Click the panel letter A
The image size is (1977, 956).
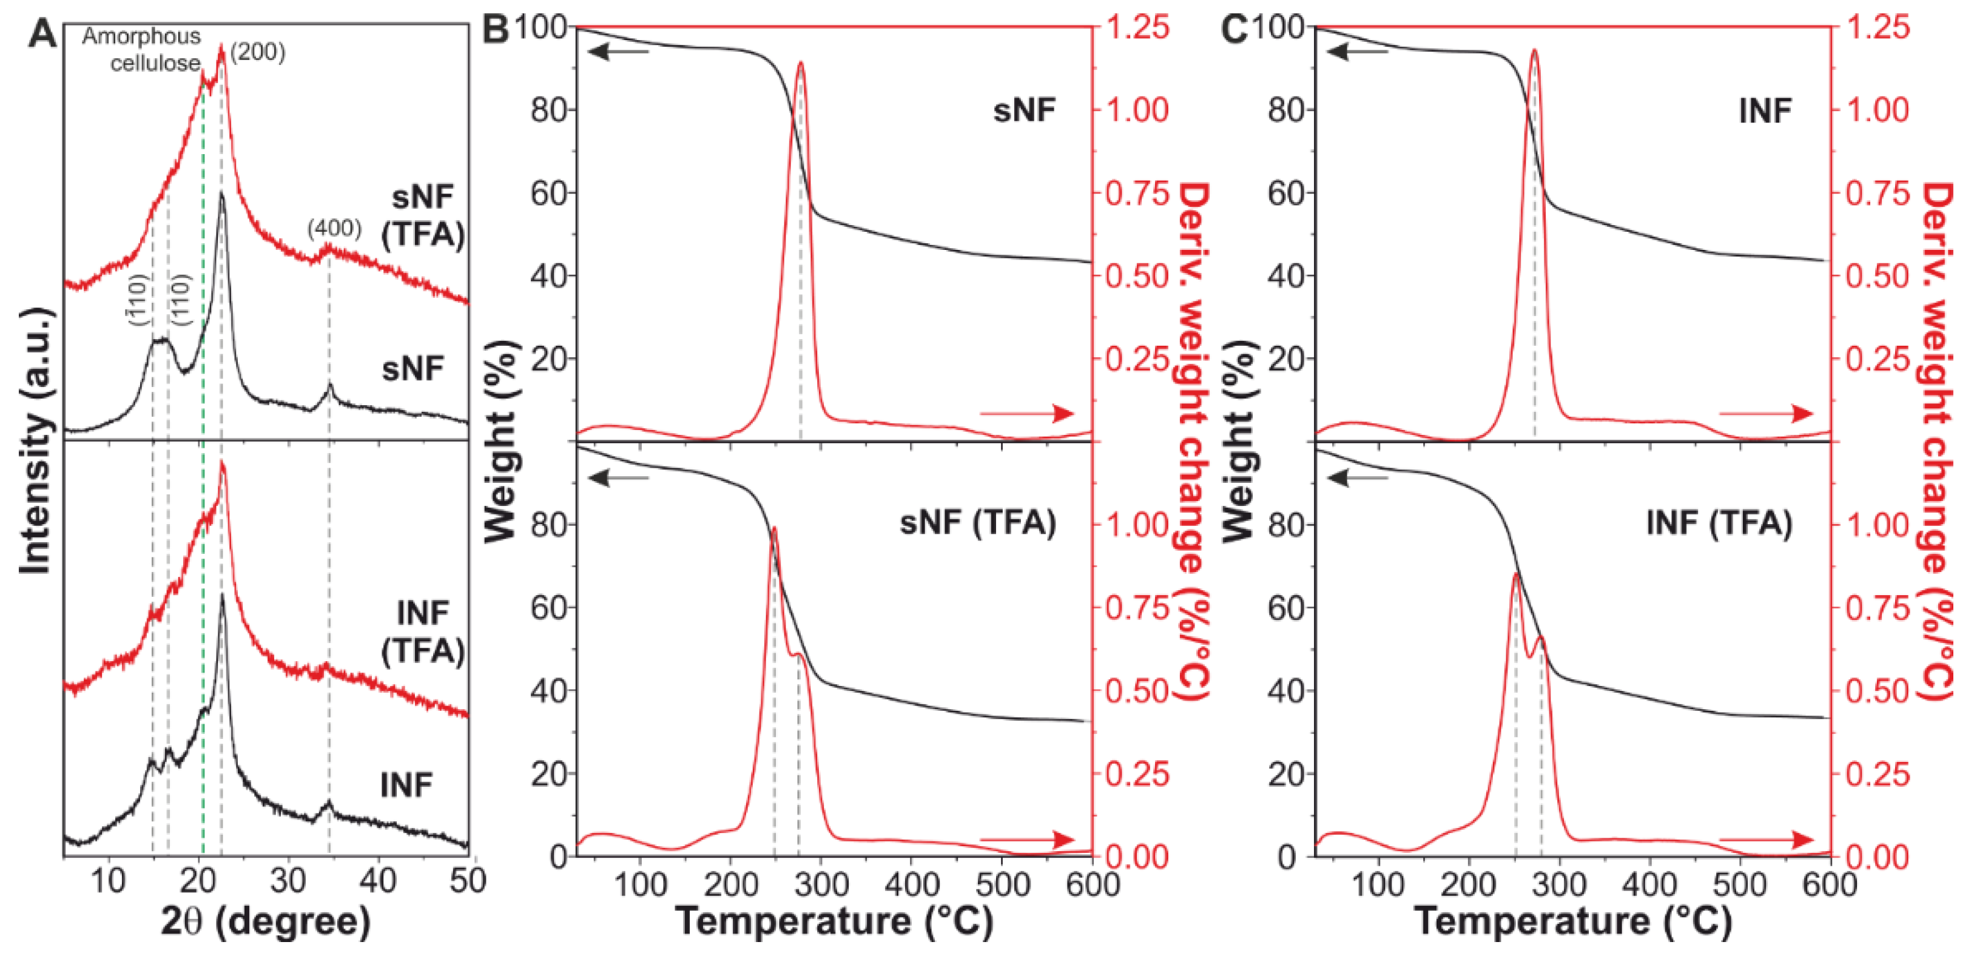tap(42, 34)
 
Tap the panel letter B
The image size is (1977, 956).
tap(496, 31)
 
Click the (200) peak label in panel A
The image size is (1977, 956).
tap(258, 52)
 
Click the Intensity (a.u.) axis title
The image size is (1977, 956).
tap(35, 441)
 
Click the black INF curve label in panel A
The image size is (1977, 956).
tap(407, 785)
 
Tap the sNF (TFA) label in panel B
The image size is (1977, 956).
tap(978, 523)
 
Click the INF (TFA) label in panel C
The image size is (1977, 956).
tap(1719, 523)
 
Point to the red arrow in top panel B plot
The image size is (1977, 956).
tap(1027, 414)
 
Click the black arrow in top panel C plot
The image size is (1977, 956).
tap(1358, 52)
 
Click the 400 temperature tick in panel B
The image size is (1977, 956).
tap(911, 884)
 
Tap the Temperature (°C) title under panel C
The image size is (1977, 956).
tap(1574, 921)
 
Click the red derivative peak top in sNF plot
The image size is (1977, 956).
tap(801, 64)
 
